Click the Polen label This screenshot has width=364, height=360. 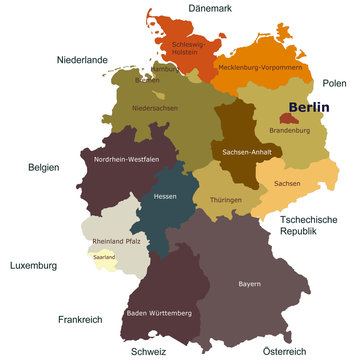point(334,84)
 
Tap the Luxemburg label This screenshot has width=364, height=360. point(33,266)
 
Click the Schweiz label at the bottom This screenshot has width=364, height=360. point(148,351)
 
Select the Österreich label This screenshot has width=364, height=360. point(282,351)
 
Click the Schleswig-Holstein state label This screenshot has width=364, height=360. point(187,48)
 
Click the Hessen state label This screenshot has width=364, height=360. point(165,196)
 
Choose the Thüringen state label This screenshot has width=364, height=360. point(228,199)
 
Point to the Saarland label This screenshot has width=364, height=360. point(104,257)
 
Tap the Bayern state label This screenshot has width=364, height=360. point(249,284)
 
